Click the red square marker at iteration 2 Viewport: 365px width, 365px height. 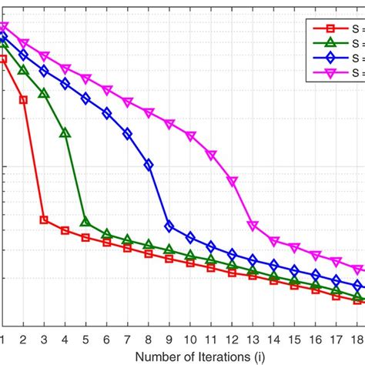coord(23,99)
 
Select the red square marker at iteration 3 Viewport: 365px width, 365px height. coord(44,220)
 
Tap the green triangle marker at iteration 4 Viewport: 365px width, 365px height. coord(65,133)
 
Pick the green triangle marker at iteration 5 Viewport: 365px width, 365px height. coord(85,222)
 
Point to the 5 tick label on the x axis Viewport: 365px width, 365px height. coord(85,339)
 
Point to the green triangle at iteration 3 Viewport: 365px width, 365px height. coord(44,93)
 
